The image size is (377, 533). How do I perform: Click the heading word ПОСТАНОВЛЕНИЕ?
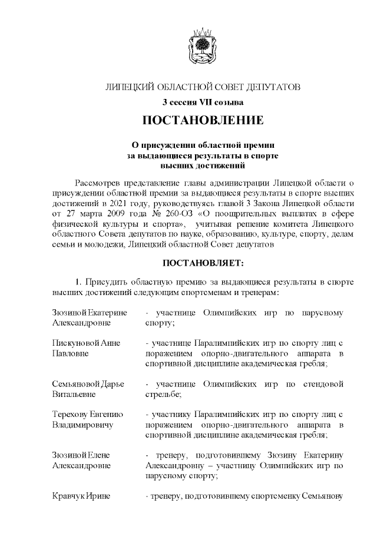pos(203,121)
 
